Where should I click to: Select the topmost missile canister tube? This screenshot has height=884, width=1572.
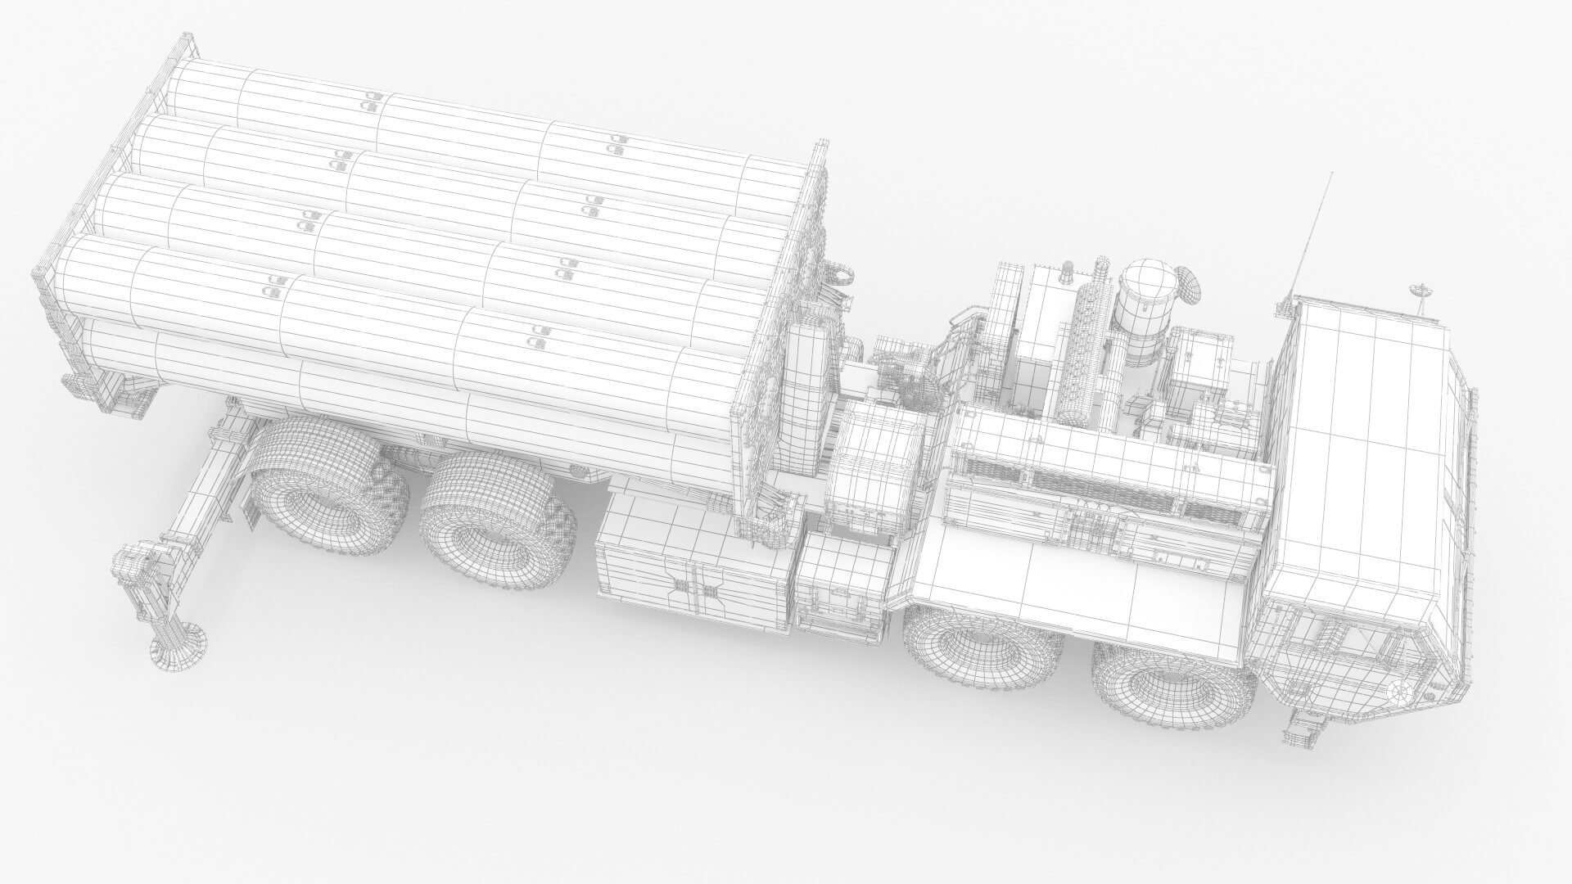[491, 115]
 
